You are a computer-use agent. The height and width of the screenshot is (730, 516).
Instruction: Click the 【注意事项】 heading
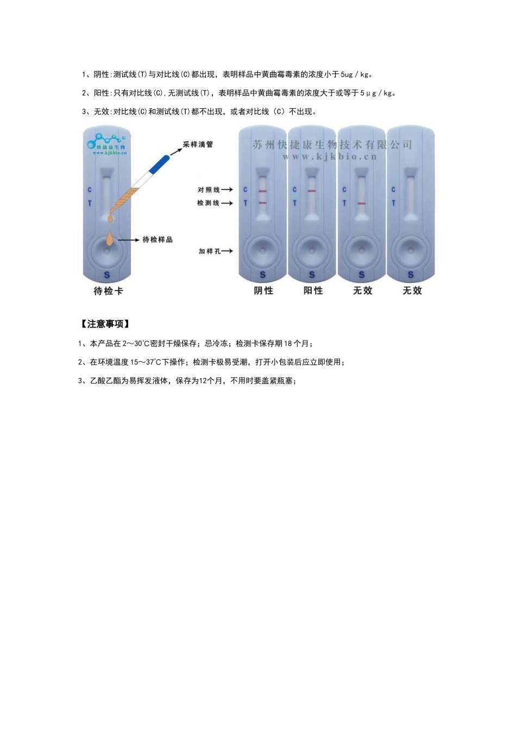[x=105, y=324]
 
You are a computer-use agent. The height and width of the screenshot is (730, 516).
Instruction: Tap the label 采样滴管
[x=198, y=144]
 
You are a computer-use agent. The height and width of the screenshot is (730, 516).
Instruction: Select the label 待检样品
[x=157, y=240]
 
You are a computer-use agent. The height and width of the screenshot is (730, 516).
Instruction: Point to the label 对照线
[x=209, y=190]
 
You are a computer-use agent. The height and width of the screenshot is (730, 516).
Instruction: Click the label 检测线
[x=209, y=203]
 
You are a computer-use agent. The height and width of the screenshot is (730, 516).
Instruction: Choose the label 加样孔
[x=209, y=251]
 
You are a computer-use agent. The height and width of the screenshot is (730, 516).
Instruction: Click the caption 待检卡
[x=108, y=291]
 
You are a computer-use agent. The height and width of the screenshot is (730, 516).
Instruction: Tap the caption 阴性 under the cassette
[x=263, y=291]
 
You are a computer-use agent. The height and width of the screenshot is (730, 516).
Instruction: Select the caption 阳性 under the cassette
[x=313, y=291]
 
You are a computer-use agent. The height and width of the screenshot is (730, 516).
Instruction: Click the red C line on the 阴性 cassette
[x=262, y=191]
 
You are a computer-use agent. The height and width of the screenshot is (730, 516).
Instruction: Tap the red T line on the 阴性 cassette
[x=262, y=203]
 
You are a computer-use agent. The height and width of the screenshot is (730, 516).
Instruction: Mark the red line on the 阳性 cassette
[x=312, y=191]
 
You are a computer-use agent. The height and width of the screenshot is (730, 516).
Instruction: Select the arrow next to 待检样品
[x=129, y=240]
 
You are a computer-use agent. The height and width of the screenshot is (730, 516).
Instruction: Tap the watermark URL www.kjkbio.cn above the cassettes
[x=329, y=156]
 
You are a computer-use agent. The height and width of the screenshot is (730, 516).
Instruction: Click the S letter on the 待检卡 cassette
[x=107, y=275]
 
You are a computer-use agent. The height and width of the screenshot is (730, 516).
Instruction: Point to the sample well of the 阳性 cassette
[x=312, y=251]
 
